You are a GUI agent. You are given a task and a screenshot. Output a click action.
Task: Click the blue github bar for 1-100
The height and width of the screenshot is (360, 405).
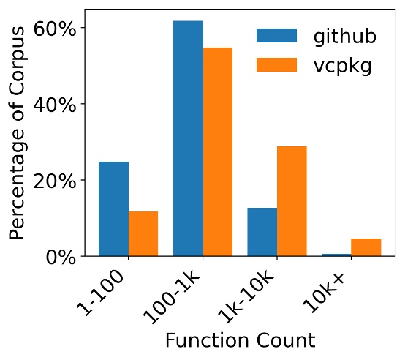click(x=114, y=209)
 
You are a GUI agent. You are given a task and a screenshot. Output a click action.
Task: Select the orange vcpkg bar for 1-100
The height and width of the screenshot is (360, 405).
click(x=143, y=233)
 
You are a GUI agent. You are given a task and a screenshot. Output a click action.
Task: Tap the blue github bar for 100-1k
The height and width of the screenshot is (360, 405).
click(x=188, y=138)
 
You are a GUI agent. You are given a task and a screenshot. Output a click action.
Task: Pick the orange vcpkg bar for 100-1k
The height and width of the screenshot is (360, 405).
click(x=218, y=151)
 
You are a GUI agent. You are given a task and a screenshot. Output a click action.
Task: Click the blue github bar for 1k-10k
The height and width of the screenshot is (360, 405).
click(x=262, y=232)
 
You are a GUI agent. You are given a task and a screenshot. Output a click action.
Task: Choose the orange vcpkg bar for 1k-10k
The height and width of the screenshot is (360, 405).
click(x=292, y=201)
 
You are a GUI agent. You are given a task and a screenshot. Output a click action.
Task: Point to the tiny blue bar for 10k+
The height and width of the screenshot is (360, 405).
click(x=337, y=255)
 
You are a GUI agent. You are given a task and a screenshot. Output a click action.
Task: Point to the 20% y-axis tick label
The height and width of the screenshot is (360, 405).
click(x=56, y=180)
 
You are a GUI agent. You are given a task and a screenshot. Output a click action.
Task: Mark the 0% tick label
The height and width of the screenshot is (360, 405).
click(x=63, y=257)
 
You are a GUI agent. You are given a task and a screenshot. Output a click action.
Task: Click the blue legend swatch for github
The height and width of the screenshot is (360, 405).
click(x=276, y=36)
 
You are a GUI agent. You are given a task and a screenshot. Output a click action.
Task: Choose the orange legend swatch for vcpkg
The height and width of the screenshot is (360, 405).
click(x=276, y=65)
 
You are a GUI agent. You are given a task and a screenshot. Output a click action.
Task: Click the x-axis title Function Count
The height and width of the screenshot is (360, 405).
click(x=240, y=340)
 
